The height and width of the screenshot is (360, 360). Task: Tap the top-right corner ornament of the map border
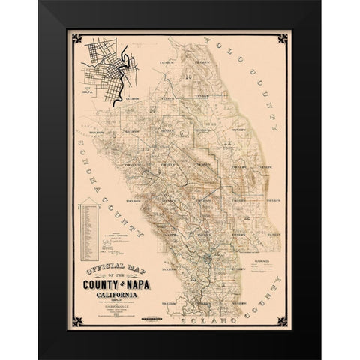point(288,36)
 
